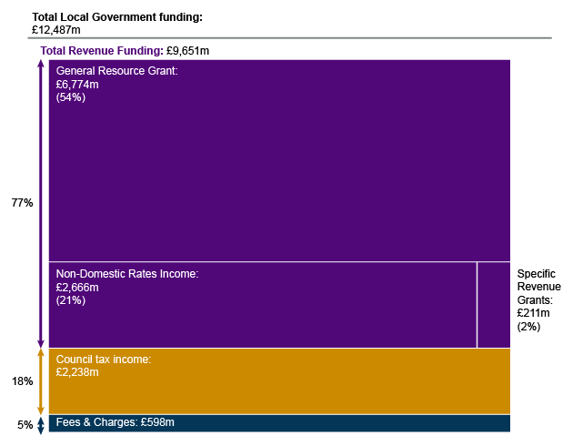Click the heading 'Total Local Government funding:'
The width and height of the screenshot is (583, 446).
tap(117, 17)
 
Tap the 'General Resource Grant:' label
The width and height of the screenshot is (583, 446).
tap(116, 70)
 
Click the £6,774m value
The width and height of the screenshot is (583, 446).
tap(77, 84)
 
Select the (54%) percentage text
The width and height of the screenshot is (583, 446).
tap(71, 96)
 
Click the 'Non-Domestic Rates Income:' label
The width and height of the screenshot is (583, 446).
tap(126, 274)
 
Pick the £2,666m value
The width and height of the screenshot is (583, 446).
tap(77, 287)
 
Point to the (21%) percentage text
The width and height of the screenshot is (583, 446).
tap(71, 299)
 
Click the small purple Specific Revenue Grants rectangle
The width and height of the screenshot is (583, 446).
tap(493, 305)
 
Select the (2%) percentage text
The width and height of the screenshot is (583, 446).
tap(528, 325)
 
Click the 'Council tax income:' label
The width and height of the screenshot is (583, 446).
tap(104, 360)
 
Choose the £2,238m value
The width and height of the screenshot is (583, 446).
tap(77, 372)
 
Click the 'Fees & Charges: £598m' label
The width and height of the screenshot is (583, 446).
tap(115, 422)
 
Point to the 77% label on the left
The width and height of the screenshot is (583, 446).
tap(22, 203)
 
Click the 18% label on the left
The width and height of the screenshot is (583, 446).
tap(22, 381)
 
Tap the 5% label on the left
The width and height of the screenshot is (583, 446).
tap(25, 424)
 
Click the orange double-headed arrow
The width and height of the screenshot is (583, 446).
tap(40, 381)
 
